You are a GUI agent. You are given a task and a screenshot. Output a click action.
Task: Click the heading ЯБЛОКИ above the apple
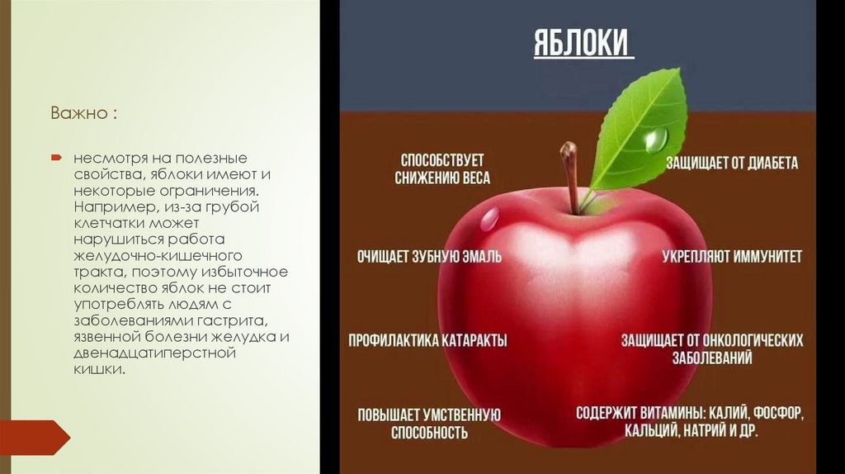pos(582,43)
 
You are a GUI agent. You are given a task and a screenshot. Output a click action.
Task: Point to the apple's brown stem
pos(570,173)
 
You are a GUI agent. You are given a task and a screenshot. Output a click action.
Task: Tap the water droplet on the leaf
pos(655,138)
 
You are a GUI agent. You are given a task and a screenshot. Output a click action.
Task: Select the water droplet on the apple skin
pos(489,218)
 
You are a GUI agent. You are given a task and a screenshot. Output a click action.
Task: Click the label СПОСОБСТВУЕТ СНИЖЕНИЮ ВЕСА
pos(441,168)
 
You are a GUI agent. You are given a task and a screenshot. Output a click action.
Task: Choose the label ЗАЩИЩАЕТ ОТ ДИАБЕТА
pos(732,163)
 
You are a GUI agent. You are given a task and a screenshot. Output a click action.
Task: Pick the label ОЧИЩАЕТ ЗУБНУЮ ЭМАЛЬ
pos(429,257)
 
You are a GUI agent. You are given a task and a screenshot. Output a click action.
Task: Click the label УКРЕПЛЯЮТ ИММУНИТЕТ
pos(731,257)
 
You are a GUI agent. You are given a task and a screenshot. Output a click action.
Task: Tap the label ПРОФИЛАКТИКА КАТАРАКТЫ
pos(427,340)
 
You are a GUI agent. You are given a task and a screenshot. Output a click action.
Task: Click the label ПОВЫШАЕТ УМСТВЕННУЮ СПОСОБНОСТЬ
pos(429,423)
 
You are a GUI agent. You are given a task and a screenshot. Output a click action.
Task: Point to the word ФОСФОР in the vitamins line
pos(777,411)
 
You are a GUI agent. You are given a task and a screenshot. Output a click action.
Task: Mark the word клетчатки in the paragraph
pos(106,223)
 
